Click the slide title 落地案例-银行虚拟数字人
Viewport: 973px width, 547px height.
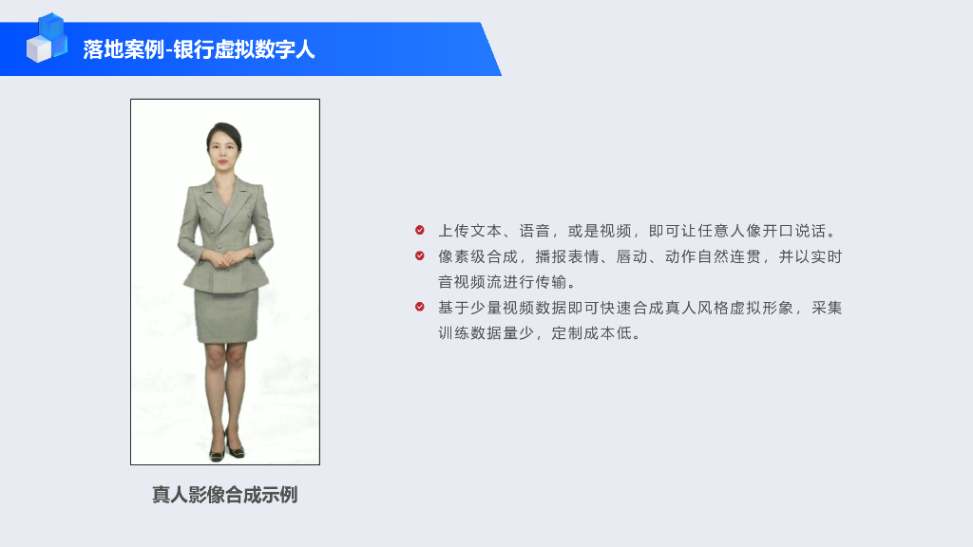(199, 49)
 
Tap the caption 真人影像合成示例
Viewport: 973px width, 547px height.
(225, 495)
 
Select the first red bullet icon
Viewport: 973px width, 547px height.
(420, 230)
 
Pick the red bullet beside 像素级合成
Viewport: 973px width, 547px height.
(420, 255)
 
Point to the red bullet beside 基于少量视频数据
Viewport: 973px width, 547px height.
(420, 307)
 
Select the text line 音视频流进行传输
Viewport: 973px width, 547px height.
(506, 282)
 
